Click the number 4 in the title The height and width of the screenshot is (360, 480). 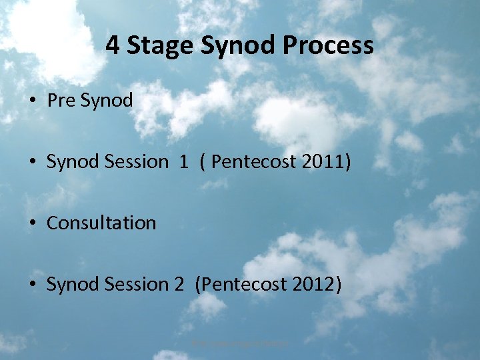pyautogui.click(x=113, y=46)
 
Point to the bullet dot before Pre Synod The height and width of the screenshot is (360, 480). pyautogui.click(x=32, y=101)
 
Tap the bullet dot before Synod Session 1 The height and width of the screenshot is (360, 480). pyautogui.click(x=32, y=162)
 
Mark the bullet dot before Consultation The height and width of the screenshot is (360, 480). pyautogui.click(x=32, y=223)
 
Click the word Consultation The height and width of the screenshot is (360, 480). pyautogui.click(x=101, y=223)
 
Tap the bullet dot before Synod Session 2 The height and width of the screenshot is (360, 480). pyautogui.click(x=32, y=285)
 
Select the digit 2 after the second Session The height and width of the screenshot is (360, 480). pyautogui.click(x=179, y=284)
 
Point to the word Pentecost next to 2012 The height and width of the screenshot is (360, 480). pyautogui.click(x=246, y=284)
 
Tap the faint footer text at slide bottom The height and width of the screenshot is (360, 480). pyautogui.click(x=240, y=343)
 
